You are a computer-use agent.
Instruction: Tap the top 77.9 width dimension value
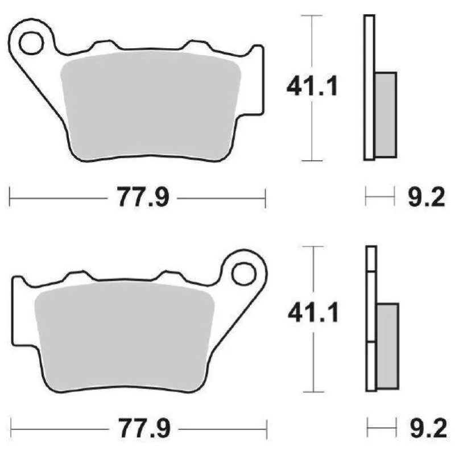click(143, 197)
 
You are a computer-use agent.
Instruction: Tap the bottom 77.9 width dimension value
click(144, 428)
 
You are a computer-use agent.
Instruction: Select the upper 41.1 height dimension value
click(312, 86)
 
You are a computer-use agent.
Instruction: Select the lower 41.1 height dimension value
click(313, 312)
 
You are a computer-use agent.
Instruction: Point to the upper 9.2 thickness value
click(426, 197)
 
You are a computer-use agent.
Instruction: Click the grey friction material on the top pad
click(151, 106)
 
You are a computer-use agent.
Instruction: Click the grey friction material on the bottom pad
click(125, 337)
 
